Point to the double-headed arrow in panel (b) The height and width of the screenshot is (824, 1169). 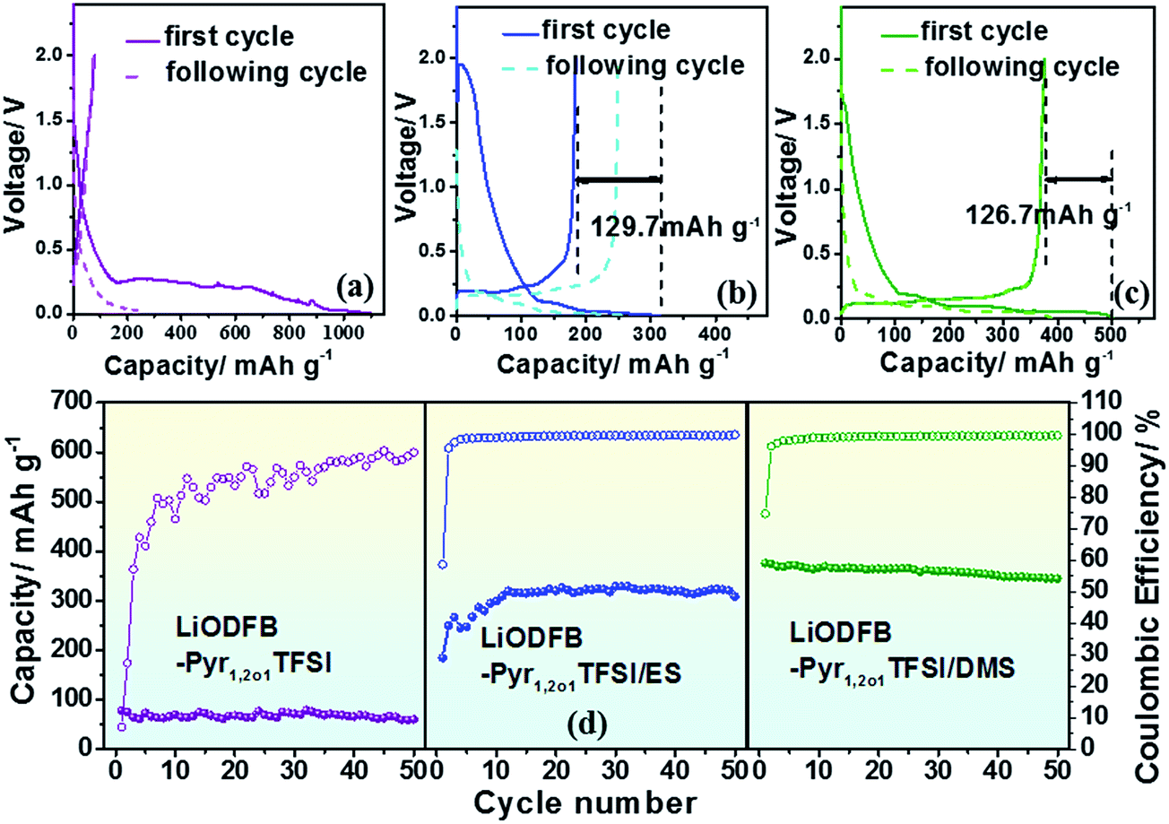click(619, 179)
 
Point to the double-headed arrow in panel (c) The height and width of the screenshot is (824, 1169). click(1078, 179)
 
